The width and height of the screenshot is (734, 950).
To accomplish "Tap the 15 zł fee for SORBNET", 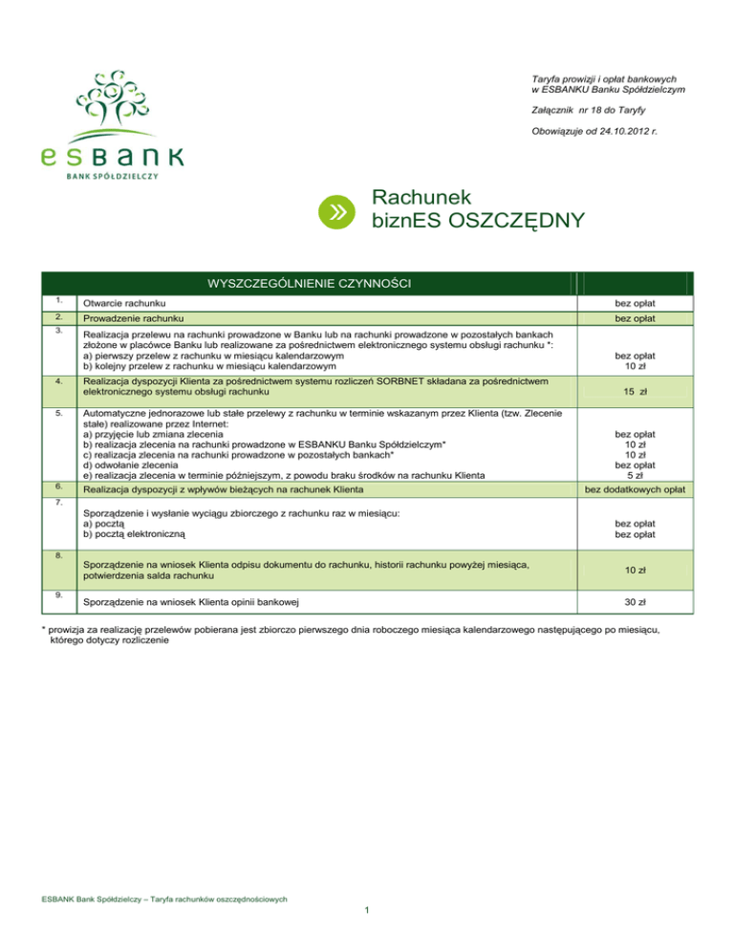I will [641, 391].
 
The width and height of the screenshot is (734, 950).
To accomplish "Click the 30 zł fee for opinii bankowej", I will [641, 603].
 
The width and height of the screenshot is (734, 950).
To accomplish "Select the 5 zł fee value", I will [641, 475].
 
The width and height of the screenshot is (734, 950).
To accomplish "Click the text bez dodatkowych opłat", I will [641, 489].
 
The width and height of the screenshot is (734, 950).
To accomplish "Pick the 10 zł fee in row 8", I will [641, 570].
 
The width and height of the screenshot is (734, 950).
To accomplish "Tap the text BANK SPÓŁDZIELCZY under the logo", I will [112, 176].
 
